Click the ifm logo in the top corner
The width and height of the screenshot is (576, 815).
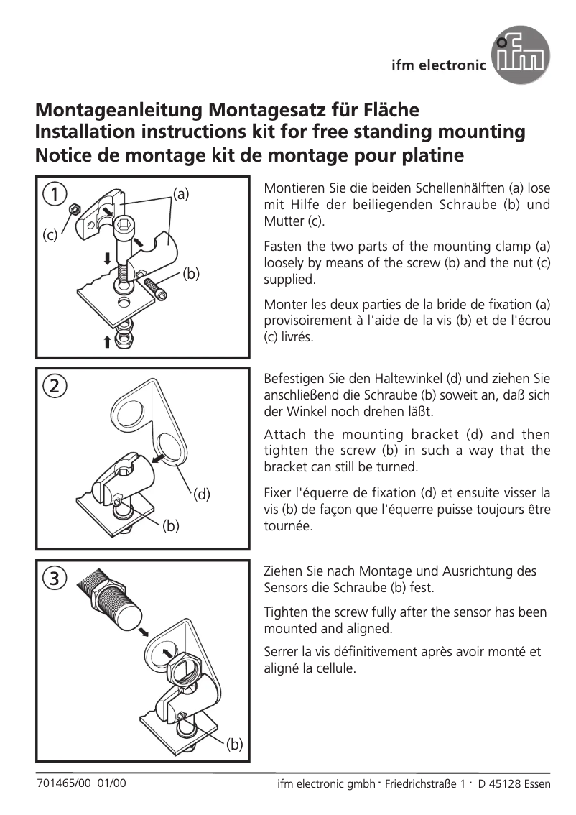(521, 55)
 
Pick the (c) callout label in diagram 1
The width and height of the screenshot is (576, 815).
(49, 235)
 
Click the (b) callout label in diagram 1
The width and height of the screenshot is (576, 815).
(190, 273)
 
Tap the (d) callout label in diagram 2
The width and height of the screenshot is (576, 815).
(202, 494)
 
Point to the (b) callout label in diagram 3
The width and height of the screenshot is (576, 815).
(234, 744)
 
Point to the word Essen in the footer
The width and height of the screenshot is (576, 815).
(537, 784)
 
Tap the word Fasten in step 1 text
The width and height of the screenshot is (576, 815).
(283, 246)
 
